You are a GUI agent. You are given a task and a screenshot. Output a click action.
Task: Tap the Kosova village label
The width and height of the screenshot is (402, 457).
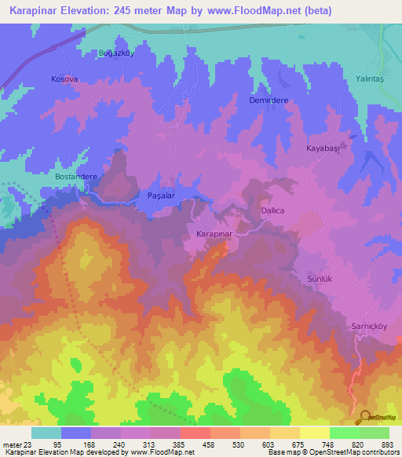pos(64,80)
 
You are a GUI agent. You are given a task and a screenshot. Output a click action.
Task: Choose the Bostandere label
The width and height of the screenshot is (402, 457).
pos(75,177)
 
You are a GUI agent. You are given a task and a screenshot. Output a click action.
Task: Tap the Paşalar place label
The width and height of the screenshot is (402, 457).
pos(164,194)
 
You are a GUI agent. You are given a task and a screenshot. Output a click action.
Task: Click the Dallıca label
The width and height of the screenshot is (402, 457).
pos(272,211)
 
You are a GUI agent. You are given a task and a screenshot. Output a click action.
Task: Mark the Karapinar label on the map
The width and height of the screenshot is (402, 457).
pos(215,235)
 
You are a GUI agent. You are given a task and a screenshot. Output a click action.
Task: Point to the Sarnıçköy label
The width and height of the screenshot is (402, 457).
pos(368,324)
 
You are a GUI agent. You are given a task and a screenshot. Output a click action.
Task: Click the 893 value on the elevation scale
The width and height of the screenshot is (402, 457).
pos(385,444)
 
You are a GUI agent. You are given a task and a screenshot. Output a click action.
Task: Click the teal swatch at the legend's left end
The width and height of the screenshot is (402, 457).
pos(46,433)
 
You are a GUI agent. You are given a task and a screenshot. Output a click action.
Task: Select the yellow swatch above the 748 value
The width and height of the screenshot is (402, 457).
pos(314,433)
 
